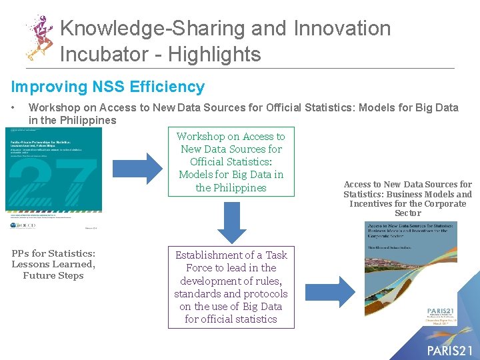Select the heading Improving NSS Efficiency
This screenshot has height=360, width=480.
[x=107, y=87]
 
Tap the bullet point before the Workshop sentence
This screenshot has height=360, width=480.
[x=13, y=107]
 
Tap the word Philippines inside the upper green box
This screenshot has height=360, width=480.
[x=240, y=188]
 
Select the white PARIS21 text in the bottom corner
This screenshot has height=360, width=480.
[x=450, y=350]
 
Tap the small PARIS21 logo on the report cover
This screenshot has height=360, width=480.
[x=442, y=313]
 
